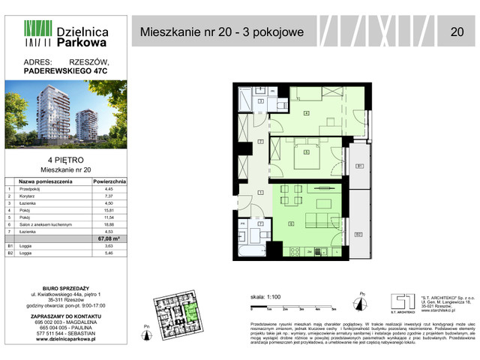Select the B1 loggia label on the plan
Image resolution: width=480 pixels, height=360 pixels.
(360, 166)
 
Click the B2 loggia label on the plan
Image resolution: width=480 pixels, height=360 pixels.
(359, 235)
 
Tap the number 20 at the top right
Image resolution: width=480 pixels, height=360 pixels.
(457, 31)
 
